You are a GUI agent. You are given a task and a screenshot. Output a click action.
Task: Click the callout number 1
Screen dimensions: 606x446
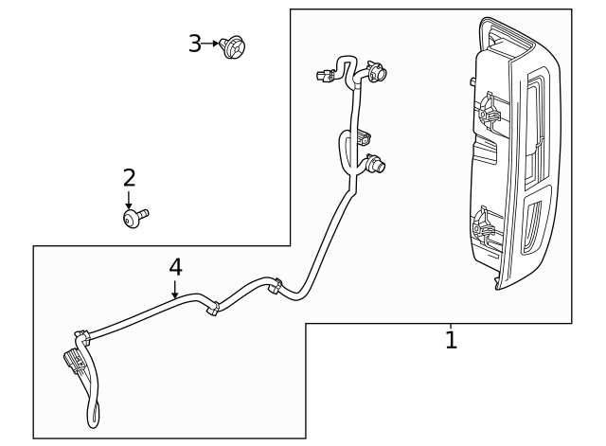[x=451, y=340]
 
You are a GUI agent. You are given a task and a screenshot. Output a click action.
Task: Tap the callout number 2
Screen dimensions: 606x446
[x=130, y=178]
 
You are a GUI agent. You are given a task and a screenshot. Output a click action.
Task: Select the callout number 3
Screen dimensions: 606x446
[x=195, y=44]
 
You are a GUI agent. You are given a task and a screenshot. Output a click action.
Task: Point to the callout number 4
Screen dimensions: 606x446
[x=175, y=267]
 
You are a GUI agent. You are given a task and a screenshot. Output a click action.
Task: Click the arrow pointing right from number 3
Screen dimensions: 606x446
[x=210, y=44]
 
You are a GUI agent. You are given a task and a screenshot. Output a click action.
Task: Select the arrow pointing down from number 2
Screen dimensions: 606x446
[x=129, y=200]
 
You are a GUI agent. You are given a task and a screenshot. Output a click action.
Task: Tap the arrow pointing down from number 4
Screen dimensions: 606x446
[x=175, y=290]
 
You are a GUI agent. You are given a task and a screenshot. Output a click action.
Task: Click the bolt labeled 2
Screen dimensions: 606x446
[x=135, y=218]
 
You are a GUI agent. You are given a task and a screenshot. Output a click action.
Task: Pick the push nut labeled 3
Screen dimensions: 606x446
[x=233, y=46]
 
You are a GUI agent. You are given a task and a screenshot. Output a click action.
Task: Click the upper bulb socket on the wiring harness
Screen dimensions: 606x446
[x=376, y=72]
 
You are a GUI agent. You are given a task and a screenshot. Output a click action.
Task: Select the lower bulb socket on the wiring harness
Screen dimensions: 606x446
[x=375, y=164]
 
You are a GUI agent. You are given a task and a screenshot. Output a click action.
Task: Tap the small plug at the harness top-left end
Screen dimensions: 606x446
[x=324, y=76]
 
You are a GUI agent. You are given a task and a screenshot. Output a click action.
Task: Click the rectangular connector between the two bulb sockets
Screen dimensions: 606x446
[x=364, y=137]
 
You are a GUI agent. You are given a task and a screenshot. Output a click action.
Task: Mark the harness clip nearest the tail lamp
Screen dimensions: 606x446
[x=276, y=286]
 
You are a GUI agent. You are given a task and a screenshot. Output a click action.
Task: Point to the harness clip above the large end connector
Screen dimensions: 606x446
[x=82, y=337]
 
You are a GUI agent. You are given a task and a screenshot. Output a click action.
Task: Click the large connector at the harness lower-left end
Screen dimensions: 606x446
[x=75, y=363]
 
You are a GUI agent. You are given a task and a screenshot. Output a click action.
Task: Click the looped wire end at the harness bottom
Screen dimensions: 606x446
[x=93, y=414]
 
